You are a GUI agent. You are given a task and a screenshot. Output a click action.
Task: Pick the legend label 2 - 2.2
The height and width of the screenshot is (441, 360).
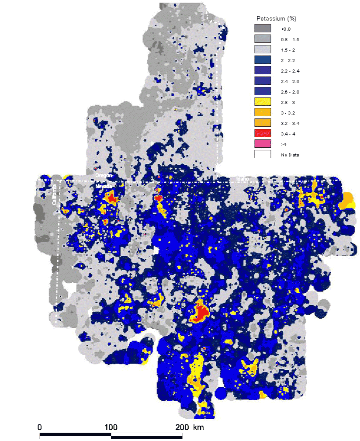click(x=287, y=60)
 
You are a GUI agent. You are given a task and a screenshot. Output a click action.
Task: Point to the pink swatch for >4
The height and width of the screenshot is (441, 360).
click(x=263, y=144)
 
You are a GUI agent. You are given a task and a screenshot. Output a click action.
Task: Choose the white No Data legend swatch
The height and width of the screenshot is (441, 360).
click(x=263, y=154)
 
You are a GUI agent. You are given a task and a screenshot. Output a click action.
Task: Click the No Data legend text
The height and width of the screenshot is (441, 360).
click(x=290, y=155)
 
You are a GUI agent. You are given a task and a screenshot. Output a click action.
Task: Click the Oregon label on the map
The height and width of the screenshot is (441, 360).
click(x=104, y=175)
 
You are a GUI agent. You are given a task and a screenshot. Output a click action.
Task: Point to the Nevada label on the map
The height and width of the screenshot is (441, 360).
click(x=104, y=186)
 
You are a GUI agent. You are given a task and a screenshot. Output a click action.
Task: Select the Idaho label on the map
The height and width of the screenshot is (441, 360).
click(x=242, y=179)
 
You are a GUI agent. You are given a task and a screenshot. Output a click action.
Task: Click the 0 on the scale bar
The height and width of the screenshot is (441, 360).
click(x=40, y=427)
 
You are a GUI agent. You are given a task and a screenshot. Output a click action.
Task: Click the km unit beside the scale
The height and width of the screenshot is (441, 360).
click(x=197, y=427)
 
